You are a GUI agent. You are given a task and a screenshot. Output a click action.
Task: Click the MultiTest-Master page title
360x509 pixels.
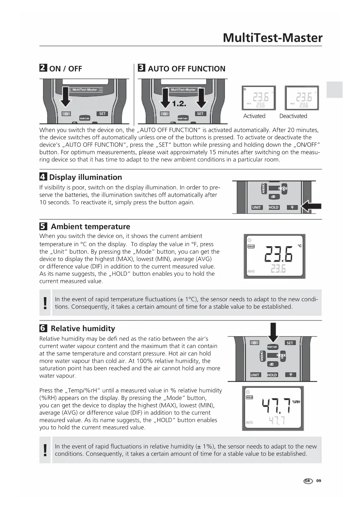272,38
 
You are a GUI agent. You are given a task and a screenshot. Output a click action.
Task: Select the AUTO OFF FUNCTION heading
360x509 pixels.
186,69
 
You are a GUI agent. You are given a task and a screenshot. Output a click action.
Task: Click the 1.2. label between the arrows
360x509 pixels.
179,104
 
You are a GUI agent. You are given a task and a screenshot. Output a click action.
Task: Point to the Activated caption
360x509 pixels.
254,116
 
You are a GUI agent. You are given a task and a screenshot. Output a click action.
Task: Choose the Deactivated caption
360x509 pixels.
293,116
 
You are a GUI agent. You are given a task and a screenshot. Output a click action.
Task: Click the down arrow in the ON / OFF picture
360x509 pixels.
66,97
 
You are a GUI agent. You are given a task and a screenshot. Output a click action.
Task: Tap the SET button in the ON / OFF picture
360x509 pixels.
102,114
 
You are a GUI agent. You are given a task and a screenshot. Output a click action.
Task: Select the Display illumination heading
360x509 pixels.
85,177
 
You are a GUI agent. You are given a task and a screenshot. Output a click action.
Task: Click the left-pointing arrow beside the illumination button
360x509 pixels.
311,207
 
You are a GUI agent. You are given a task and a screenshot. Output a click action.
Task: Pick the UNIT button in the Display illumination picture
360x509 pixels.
256,207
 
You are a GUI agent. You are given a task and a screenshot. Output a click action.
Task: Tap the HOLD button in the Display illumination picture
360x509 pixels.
274,207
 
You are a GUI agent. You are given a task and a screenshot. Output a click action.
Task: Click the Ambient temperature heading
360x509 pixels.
90,227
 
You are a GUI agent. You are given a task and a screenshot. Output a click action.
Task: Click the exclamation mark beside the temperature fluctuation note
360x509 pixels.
45,303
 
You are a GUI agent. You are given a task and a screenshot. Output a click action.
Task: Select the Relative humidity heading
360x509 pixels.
83,328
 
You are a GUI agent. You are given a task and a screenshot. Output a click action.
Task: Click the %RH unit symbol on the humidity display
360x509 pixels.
296,402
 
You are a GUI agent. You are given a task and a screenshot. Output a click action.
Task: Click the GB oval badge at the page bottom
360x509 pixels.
308,481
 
